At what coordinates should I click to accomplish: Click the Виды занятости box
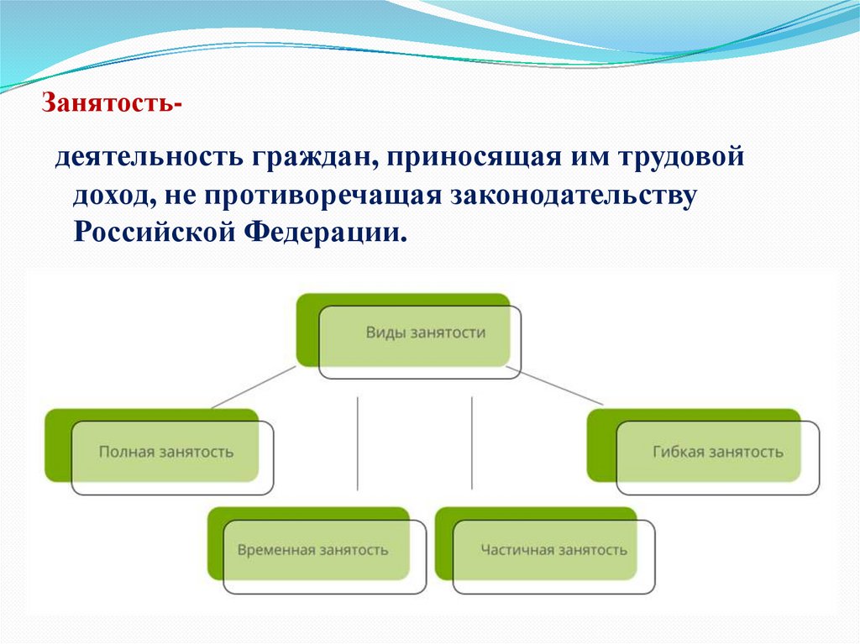coord(425,332)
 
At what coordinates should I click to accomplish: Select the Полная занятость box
coord(166,452)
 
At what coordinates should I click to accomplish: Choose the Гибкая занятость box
coord(717,452)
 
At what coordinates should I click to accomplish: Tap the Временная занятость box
coord(312,551)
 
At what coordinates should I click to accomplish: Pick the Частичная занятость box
coord(553,551)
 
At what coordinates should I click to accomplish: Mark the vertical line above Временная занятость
coord(358,442)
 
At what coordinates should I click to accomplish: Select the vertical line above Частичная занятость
coord(471,442)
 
